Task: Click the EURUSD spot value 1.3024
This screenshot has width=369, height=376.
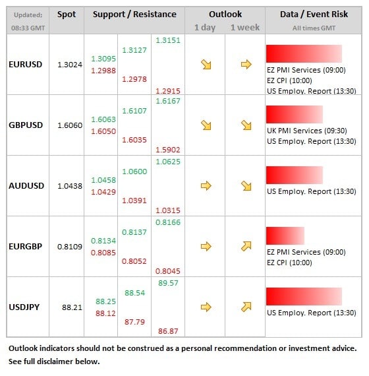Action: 70,65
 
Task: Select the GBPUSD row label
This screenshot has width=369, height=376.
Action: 26,125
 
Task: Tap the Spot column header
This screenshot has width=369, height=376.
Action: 67,15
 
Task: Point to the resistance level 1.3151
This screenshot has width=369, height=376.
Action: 168,40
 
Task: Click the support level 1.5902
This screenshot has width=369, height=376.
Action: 168,150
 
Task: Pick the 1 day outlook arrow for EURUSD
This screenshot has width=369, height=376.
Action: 206,65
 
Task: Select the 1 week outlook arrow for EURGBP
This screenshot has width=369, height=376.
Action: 246,246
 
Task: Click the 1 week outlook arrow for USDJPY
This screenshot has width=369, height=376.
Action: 246,307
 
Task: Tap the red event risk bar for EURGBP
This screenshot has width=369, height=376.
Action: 285,235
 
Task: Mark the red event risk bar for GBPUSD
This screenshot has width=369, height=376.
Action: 295,114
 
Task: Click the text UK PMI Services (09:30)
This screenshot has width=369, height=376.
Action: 307,131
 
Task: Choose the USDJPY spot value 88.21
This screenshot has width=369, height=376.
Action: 72,307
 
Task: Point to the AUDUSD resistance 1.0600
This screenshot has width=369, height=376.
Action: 134,172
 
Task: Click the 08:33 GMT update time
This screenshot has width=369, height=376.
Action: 28,28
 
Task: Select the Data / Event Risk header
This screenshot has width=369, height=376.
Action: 314,15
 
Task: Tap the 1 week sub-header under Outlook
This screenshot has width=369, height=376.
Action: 245,28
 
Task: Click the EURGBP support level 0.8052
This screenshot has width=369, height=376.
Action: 134,261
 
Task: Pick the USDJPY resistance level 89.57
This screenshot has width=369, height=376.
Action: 168,283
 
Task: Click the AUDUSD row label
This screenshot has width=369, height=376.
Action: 26,186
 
